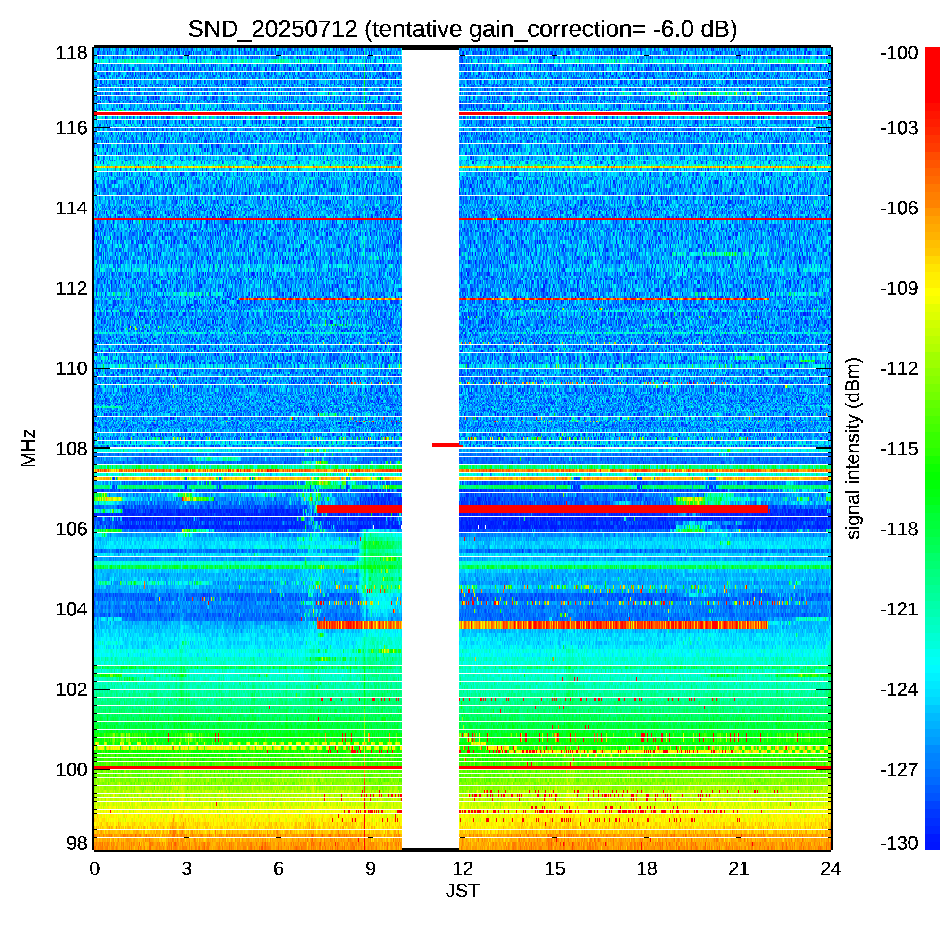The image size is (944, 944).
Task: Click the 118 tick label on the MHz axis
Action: (x=71, y=53)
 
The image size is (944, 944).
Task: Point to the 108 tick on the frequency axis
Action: (x=71, y=448)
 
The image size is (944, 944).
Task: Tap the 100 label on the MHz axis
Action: (x=71, y=769)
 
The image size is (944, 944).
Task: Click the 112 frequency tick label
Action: (x=71, y=288)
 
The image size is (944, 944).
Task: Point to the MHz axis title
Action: (x=28, y=448)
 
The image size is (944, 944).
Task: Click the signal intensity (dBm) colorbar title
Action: (x=853, y=448)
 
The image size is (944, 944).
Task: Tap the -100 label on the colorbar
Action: (x=899, y=53)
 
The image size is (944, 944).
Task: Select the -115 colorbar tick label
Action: (x=899, y=448)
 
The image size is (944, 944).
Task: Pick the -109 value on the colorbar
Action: (x=899, y=288)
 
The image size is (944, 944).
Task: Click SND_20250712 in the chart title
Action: (x=273, y=29)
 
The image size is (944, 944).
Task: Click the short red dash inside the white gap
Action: (x=447, y=445)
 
